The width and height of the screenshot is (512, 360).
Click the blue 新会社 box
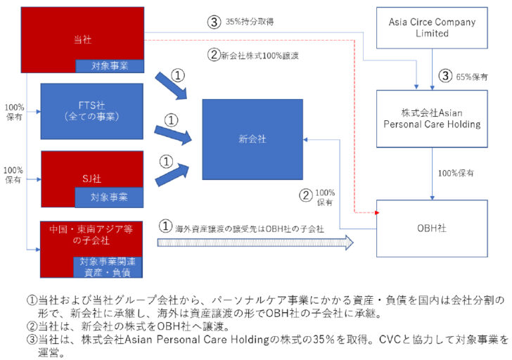(x=252, y=139)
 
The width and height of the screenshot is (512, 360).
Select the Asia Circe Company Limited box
(x=433, y=28)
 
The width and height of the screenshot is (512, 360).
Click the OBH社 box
(x=433, y=229)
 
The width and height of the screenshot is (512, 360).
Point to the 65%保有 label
(x=468, y=76)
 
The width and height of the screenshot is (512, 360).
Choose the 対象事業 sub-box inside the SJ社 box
(x=109, y=198)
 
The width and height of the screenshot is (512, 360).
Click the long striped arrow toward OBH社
(x=253, y=242)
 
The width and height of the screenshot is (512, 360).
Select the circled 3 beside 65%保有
(x=444, y=76)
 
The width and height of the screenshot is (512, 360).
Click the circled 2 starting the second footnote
(x=32, y=326)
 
